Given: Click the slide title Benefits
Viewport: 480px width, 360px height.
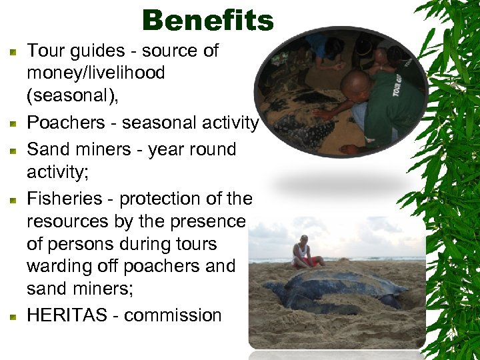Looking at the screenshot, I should point(207,21).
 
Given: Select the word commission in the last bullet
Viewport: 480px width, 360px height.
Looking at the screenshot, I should point(173,315).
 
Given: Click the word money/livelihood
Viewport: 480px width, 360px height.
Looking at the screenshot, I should point(95,73).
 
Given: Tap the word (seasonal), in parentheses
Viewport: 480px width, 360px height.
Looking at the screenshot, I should point(73,95).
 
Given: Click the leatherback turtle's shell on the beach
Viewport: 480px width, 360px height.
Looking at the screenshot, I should point(347,280).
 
